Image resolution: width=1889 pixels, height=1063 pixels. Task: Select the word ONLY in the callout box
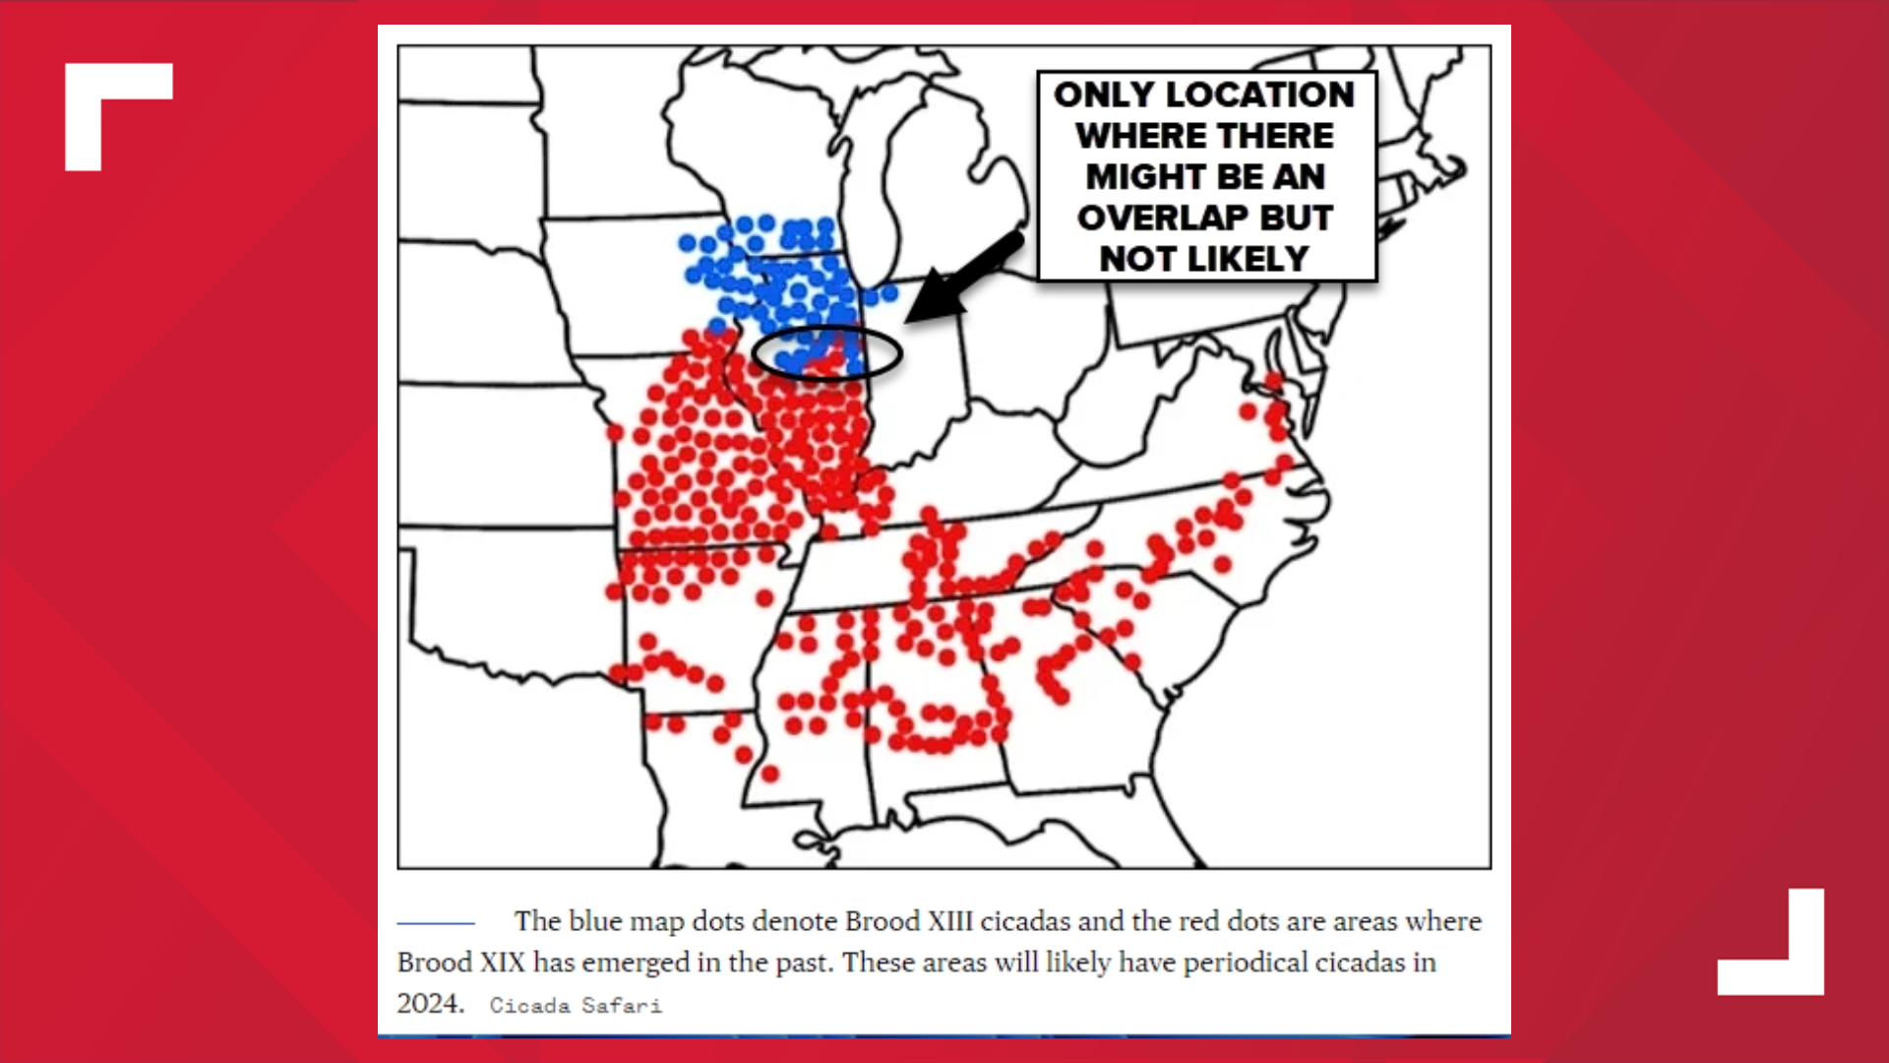point(1104,94)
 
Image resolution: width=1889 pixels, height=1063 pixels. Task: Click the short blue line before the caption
point(435,923)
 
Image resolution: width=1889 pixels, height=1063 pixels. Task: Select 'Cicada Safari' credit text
point(576,1006)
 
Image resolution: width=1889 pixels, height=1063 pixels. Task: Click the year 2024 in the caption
point(429,1003)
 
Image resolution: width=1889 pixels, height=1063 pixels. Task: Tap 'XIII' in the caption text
point(950,921)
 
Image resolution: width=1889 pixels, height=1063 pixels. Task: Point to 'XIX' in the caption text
point(502,962)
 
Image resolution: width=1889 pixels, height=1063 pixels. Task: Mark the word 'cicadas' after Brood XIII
point(1024,921)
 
